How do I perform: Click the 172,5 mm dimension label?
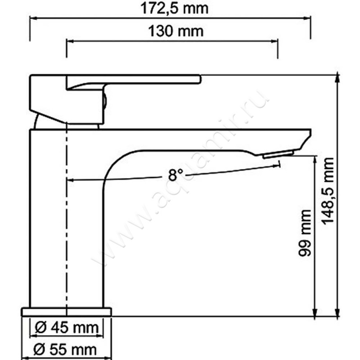(x=176, y=8)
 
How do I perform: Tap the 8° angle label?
(x=175, y=175)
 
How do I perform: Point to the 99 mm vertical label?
(x=306, y=233)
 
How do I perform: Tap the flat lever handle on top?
(x=135, y=80)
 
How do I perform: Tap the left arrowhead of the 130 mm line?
(x=70, y=41)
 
